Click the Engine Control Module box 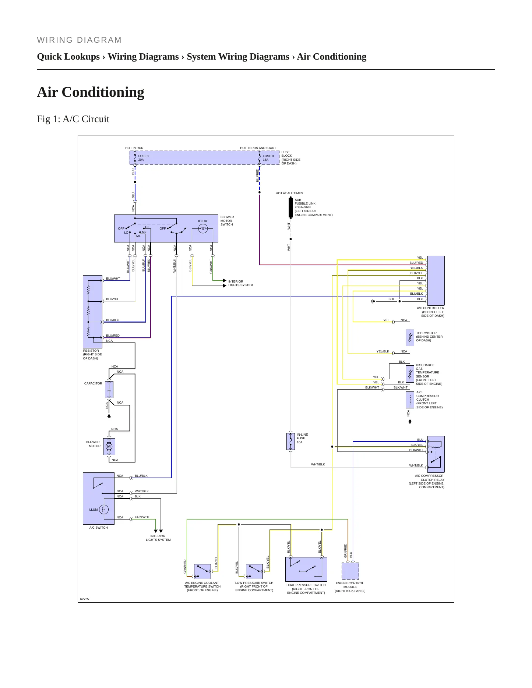pyautogui.click(x=350, y=571)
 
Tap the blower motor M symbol pyautogui.click(x=109, y=446)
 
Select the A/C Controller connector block pyautogui.click(x=436, y=281)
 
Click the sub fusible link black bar pyautogui.click(x=290, y=208)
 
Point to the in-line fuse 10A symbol pyautogui.click(x=290, y=441)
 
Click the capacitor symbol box pyautogui.click(x=109, y=390)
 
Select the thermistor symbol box pyautogui.click(x=410, y=337)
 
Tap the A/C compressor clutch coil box pyautogui.click(x=410, y=400)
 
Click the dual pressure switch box pyautogui.click(x=306, y=569)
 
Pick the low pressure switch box pyautogui.click(x=254, y=571)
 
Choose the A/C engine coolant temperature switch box pyautogui.click(x=202, y=571)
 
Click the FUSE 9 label pyautogui.click(x=144, y=156)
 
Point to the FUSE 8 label pyautogui.click(x=268, y=156)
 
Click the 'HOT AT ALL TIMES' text pyautogui.click(x=289, y=193)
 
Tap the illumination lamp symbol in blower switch pyautogui.click(x=203, y=229)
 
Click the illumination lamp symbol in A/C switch pyautogui.click(x=104, y=510)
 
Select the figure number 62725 pyautogui.click(x=85, y=599)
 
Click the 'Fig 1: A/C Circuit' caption pyautogui.click(x=73, y=119)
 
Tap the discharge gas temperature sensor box pyautogui.click(x=410, y=374)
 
